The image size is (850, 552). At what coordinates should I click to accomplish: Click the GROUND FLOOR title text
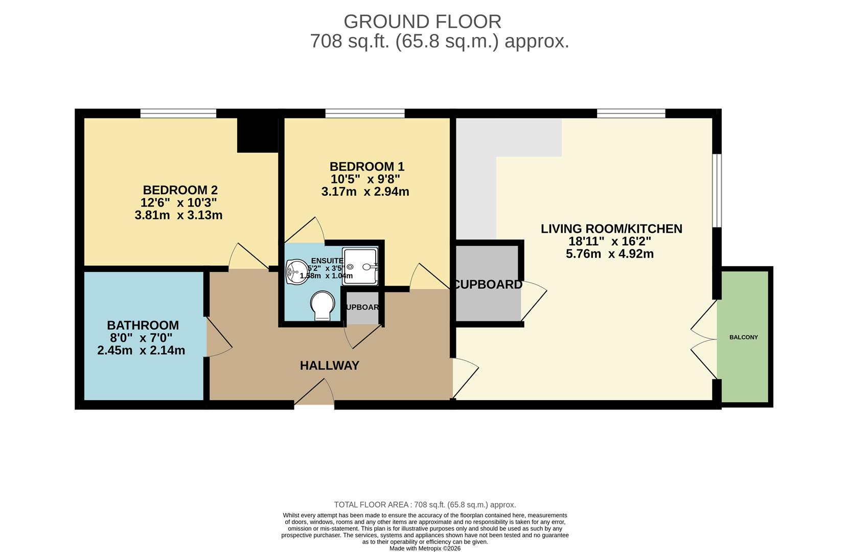tap(422, 21)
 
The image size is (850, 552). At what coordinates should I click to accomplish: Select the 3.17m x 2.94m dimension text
tap(365, 192)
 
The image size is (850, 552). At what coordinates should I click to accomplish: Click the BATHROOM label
tap(143, 325)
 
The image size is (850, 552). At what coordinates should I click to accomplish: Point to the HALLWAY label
tap(329, 365)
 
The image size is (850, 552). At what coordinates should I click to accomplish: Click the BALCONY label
tap(743, 337)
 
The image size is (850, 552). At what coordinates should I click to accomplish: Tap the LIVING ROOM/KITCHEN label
tap(611, 228)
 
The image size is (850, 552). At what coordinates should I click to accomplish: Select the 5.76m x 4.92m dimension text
tap(610, 254)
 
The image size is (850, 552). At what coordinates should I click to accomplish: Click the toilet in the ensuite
tap(323, 306)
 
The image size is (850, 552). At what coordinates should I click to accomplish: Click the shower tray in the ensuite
tap(360, 266)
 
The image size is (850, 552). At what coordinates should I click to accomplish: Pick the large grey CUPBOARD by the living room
tap(488, 284)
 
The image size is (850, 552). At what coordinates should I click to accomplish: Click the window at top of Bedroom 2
tap(178, 113)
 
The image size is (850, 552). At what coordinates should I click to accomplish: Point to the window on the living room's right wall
tap(717, 190)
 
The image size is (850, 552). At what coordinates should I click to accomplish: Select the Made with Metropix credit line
tap(425, 548)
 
